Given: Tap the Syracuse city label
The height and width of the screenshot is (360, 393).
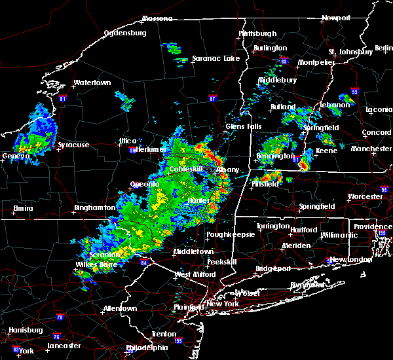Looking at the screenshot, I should coord(74,145).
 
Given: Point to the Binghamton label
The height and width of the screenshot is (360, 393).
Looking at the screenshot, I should coord(94,207).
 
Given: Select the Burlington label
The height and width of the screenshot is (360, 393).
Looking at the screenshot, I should coord(270,48).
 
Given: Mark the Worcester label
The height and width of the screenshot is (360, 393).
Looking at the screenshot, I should coord(365,196).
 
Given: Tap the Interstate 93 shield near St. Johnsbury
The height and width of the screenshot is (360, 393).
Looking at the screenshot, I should coord(355,92).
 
